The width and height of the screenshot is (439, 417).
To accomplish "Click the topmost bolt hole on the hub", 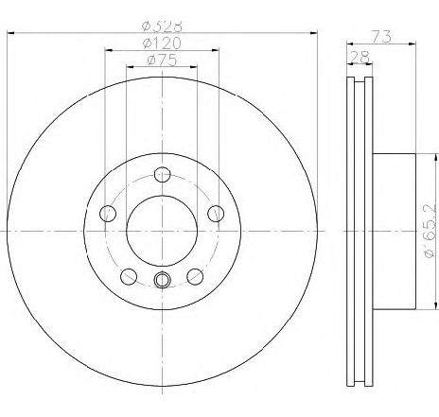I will (x=161, y=173).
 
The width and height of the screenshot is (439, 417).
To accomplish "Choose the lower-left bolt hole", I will (x=127, y=275).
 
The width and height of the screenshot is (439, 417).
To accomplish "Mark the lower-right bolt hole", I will (x=195, y=275).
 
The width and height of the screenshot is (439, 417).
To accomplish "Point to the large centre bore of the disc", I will (x=161, y=230).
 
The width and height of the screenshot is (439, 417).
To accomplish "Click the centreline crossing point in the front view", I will (x=161, y=230).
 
